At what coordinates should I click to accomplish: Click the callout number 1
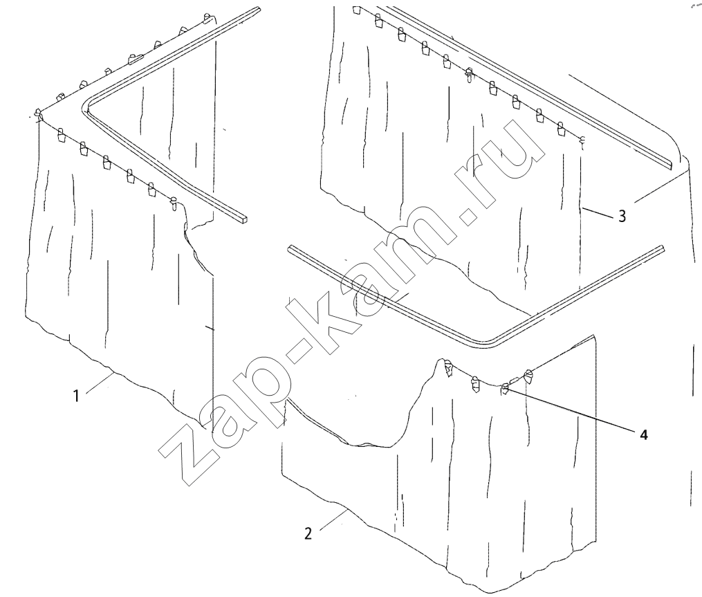click(76, 396)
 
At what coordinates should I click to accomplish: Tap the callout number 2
click(308, 534)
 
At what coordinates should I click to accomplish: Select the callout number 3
click(622, 217)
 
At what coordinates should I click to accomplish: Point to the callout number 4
click(644, 434)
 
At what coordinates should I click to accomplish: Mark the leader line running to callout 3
click(598, 212)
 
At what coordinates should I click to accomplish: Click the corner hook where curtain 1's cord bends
click(39, 116)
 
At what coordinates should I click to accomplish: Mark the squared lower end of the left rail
click(242, 219)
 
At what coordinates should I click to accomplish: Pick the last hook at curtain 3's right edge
click(583, 140)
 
